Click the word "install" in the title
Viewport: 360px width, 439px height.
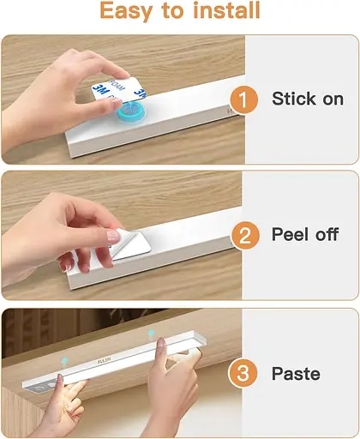(226, 10)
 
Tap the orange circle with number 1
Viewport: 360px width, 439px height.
(243, 99)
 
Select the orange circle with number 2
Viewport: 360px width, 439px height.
(244, 236)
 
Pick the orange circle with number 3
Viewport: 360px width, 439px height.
(243, 373)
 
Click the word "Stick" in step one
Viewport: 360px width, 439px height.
(294, 99)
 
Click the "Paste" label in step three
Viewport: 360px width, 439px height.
(296, 374)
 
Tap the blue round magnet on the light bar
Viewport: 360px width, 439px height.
(131, 112)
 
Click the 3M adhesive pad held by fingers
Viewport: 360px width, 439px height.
(118, 90)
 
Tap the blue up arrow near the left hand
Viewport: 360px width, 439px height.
(65, 362)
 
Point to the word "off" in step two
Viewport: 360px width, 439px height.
(327, 234)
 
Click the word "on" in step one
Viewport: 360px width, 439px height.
(333, 99)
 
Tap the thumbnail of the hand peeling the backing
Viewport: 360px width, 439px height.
(113, 236)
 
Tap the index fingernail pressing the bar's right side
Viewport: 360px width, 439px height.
(161, 342)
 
